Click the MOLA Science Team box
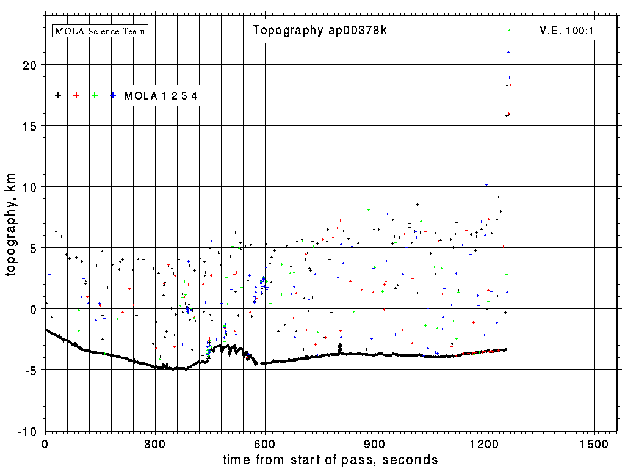click(101, 31)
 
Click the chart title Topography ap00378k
click(319, 31)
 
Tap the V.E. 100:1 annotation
click(563, 31)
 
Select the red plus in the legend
click(76, 95)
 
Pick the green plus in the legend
click(95, 95)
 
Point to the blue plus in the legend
click(113, 95)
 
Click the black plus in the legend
click(58, 95)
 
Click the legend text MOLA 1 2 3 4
click(161, 96)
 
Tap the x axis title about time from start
click(330, 459)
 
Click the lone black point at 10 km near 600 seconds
click(261, 187)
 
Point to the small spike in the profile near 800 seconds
click(340, 347)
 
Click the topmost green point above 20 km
click(509, 30)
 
